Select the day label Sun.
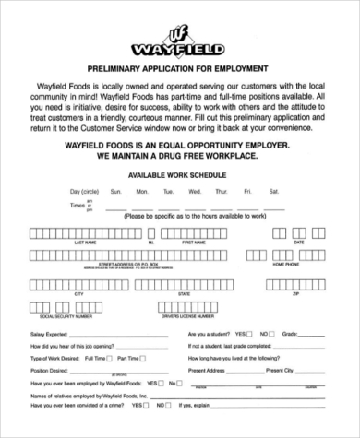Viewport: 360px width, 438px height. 116,191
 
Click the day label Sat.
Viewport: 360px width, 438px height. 273,191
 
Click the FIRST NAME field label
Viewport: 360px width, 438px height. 193,243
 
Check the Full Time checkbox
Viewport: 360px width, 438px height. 109,357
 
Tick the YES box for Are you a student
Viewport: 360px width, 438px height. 251,333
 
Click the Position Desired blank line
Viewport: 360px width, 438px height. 120,371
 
